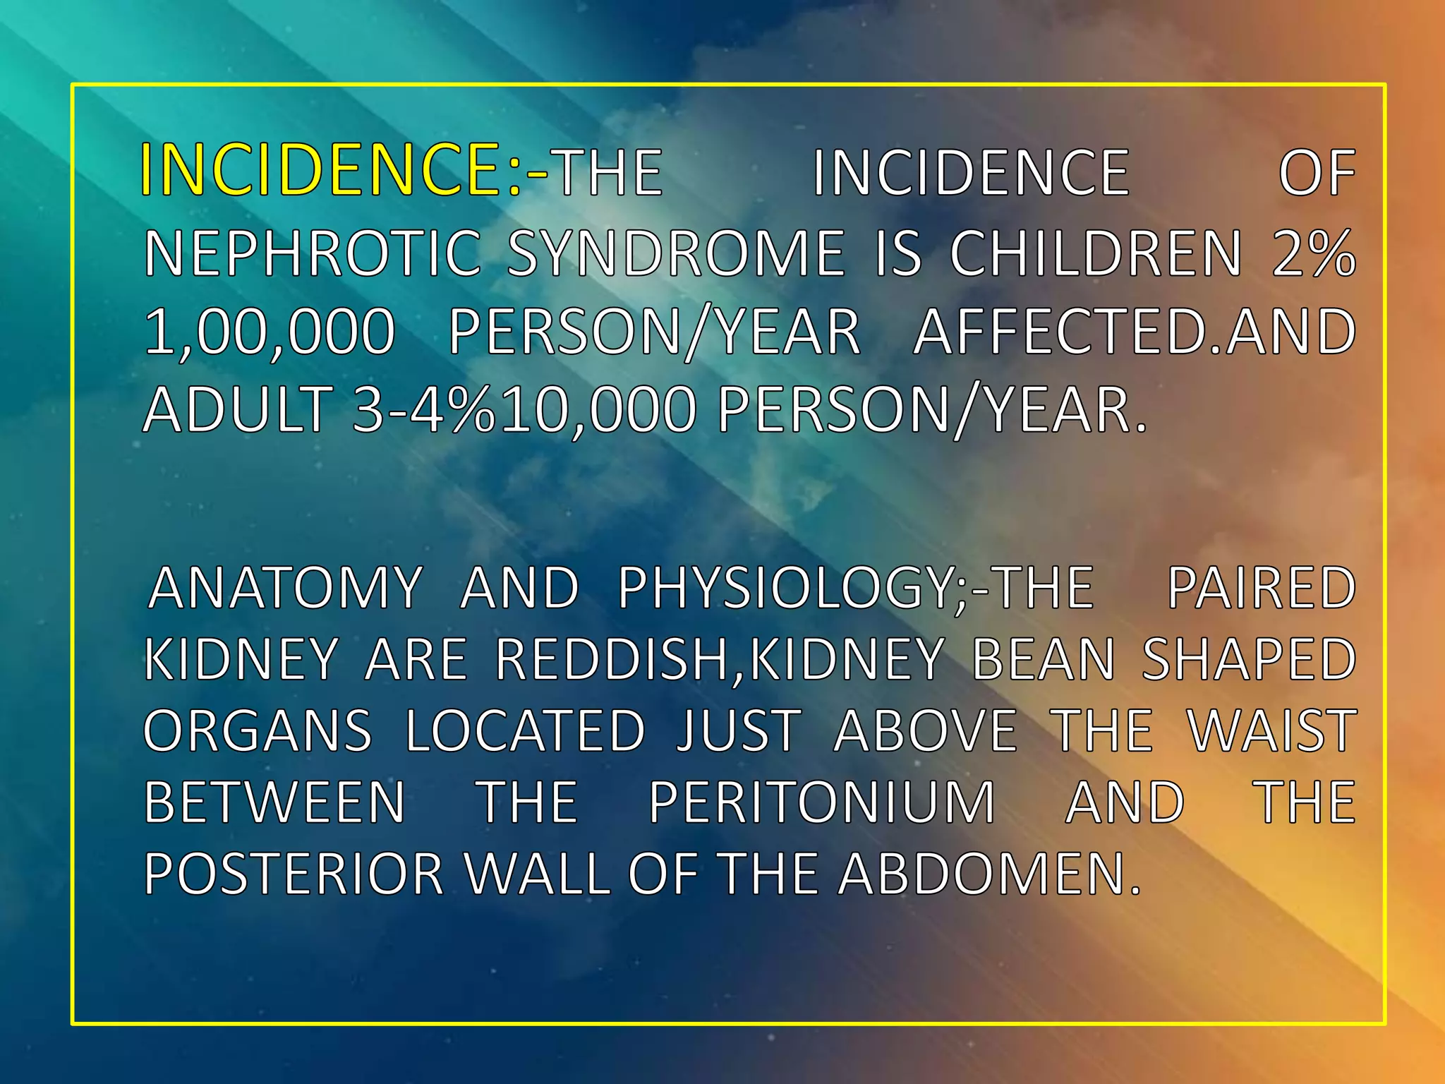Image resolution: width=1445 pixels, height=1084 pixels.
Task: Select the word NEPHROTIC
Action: [313, 253]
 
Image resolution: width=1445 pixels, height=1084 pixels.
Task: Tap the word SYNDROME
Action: [676, 253]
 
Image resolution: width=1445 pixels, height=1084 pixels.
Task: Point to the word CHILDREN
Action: [1095, 253]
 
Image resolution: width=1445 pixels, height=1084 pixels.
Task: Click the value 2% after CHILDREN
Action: [1314, 253]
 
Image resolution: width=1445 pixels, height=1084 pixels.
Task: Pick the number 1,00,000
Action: [269, 332]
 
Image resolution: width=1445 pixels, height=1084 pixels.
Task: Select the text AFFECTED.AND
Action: [1134, 332]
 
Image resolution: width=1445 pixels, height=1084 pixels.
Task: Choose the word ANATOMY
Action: [286, 588]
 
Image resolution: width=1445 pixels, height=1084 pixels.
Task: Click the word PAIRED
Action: [1262, 588]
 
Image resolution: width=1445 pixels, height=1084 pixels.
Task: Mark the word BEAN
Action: [1044, 659]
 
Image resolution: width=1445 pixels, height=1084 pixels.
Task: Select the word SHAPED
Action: [1249, 659]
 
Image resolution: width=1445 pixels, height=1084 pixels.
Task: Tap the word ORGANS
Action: [258, 731]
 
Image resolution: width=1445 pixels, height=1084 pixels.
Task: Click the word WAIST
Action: [1272, 731]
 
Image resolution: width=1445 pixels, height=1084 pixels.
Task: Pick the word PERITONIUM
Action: [822, 802]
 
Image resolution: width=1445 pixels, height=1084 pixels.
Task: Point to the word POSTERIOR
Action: [294, 874]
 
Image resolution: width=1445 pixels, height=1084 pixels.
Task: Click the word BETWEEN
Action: [274, 802]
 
